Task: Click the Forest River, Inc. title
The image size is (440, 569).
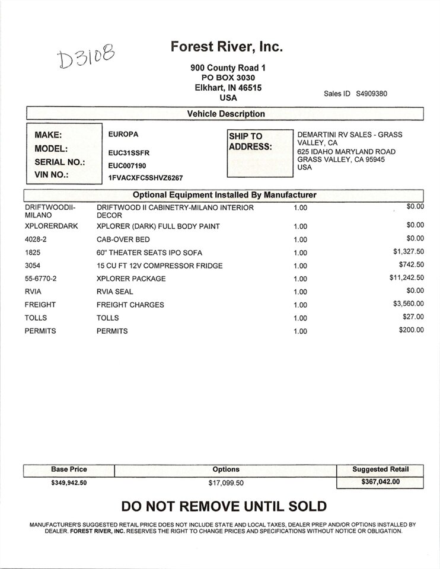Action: (227, 46)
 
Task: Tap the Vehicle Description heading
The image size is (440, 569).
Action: (226, 114)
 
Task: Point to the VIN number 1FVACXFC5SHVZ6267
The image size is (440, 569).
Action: (145, 177)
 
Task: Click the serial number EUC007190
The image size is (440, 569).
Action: (127, 165)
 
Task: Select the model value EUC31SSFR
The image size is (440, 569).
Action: (129, 152)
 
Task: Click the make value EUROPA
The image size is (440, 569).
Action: (123, 135)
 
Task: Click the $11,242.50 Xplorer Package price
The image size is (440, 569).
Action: (406, 277)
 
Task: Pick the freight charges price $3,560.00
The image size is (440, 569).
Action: (409, 303)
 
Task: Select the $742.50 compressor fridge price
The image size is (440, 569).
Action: (411, 264)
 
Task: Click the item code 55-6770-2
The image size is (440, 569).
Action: (44, 279)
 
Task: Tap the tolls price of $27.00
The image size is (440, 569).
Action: (413, 317)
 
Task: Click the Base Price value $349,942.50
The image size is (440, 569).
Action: (69, 482)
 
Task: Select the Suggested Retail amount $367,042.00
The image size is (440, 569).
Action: (380, 482)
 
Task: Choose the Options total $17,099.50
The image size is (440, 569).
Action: (226, 483)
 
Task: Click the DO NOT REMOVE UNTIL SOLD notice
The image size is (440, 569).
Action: (224, 506)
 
